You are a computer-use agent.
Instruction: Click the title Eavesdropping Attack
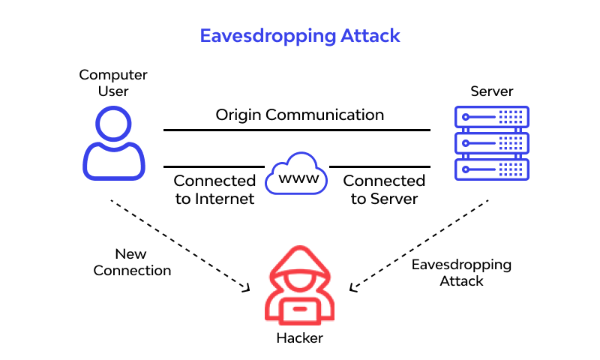tap(300, 35)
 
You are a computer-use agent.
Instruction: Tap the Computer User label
tap(113, 83)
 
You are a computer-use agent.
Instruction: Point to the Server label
tap(492, 91)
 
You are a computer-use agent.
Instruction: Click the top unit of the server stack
tap(492, 117)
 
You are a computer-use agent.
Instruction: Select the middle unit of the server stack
tap(492, 142)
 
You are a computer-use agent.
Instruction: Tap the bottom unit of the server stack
tap(492, 169)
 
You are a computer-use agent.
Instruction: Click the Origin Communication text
tap(300, 115)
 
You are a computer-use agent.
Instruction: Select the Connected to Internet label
tap(214, 190)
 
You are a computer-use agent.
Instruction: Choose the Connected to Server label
tap(384, 190)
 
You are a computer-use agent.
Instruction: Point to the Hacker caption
tap(299, 338)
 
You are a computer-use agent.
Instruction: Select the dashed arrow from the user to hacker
tap(180, 246)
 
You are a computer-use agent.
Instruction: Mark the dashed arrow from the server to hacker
tap(420, 244)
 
